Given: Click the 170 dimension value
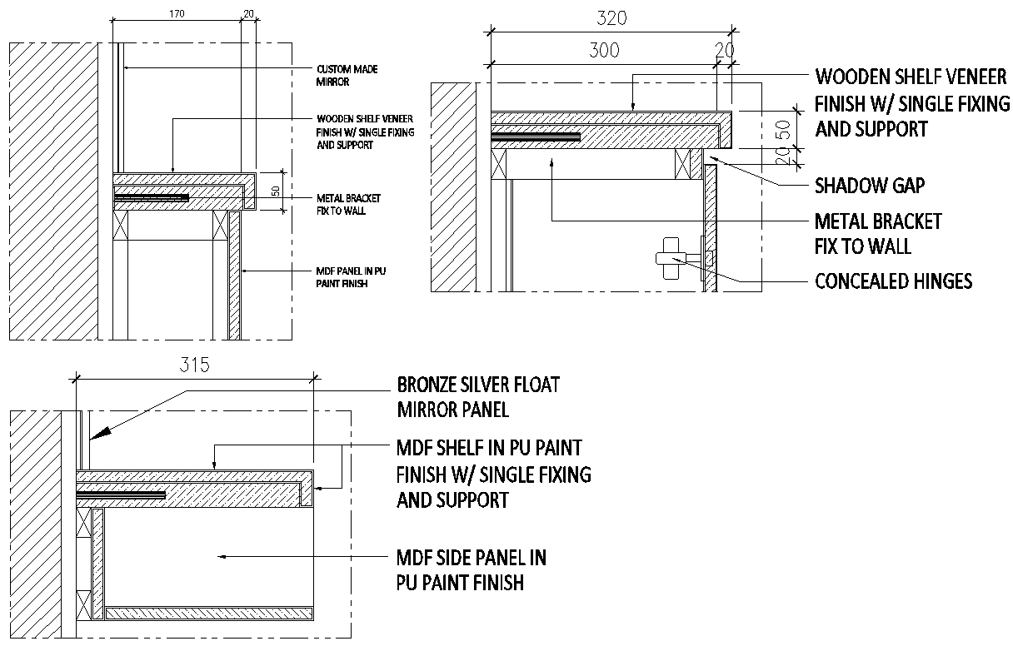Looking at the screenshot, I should pyautogui.click(x=176, y=14).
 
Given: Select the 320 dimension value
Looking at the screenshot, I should pyautogui.click(x=611, y=17).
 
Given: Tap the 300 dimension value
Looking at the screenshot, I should pyautogui.click(x=604, y=50).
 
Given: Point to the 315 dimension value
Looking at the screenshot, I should pyautogui.click(x=194, y=365).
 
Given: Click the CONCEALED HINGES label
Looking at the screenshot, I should pyautogui.click(x=893, y=281).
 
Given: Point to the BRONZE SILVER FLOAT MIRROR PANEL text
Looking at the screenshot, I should pyautogui.click(x=478, y=397).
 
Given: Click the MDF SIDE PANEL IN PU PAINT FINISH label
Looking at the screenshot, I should pyautogui.click(x=471, y=569).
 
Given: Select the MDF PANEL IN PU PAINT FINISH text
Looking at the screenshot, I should pyautogui.click(x=351, y=277).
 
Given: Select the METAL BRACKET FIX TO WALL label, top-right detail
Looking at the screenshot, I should pyautogui.click(x=877, y=234).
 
